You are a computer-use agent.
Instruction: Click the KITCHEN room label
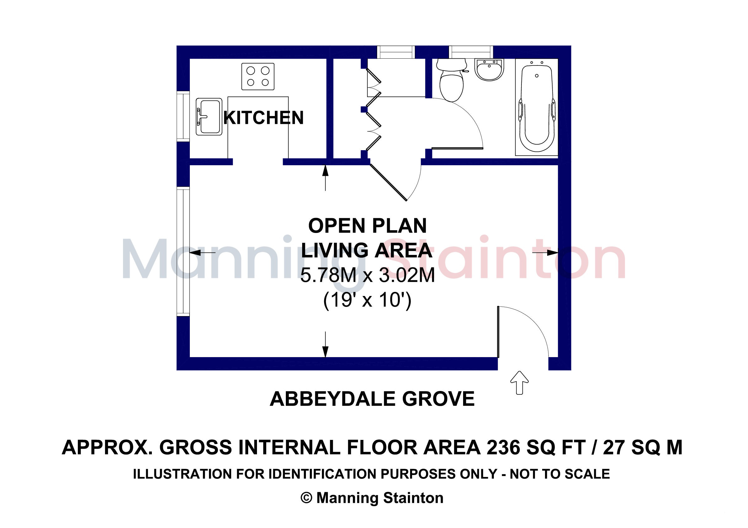click(x=264, y=118)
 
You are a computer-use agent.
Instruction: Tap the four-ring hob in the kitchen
click(x=258, y=77)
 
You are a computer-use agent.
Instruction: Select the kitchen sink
click(x=209, y=117)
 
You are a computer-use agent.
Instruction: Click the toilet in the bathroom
click(x=451, y=80)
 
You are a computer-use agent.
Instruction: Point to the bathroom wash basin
click(x=489, y=69)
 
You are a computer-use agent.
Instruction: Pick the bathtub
click(x=537, y=107)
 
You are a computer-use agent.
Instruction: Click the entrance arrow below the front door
click(x=519, y=383)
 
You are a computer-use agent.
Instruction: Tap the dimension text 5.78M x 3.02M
click(x=367, y=275)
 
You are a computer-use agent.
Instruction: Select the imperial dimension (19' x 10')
click(x=367, y=300)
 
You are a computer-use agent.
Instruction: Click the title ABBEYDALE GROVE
click(x=372, y=399)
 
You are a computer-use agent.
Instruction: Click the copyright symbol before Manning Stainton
click(x=306, y=498)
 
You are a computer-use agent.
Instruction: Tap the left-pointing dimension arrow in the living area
click(x=202, y=252)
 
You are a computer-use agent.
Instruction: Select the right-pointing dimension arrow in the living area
click(x=545, y=252)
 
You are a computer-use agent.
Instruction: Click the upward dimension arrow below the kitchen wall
click(x=325, y=178)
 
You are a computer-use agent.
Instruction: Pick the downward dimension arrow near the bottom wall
click(x=325, y=344)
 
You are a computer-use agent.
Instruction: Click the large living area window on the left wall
click(x=183, y=252)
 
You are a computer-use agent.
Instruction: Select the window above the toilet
click(x=471, y=52)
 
